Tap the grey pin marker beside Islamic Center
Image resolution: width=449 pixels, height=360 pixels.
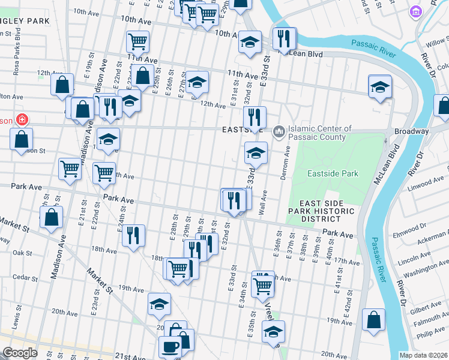(279, 131)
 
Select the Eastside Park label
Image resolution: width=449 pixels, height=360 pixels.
(333, 173)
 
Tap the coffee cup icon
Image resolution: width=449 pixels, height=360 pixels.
(169, 347)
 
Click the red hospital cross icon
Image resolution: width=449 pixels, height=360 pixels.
(22, 119)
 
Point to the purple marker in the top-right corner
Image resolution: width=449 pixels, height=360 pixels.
(415, 11)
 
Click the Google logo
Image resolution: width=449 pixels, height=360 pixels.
(20, 353)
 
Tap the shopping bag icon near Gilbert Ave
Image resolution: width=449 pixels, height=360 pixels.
(375, 320)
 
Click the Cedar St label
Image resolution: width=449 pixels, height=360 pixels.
(25, 277)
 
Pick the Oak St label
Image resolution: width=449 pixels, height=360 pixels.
(22, 253)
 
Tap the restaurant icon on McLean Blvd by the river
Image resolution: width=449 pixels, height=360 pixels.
(284, 39)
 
